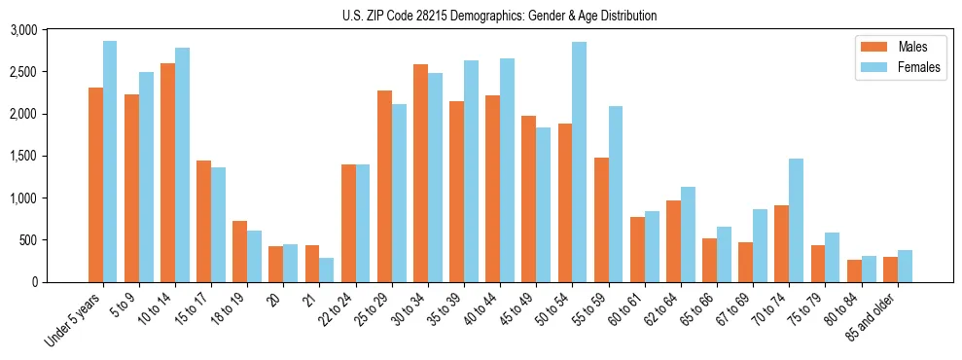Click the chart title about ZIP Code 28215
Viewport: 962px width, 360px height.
[499, 16]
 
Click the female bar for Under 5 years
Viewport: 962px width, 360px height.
[110, 162]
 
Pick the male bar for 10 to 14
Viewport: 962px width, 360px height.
[168, 172]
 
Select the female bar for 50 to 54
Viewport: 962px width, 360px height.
[579, 162]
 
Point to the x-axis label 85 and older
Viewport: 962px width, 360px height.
[873, 316]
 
